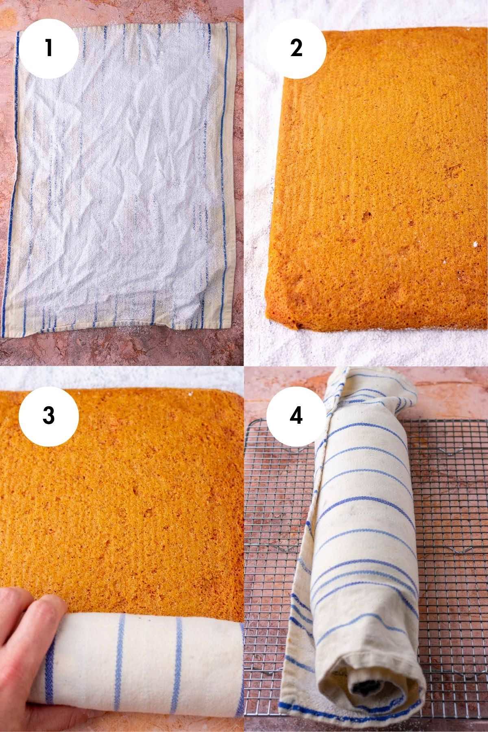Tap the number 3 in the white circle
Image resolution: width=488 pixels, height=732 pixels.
(x=48, y=415)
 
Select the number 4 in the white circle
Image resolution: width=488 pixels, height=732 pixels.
(x=296, y=415)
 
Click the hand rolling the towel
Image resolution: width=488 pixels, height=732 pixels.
(x=24, y=634)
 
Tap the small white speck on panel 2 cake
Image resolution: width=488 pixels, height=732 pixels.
(x=474, y=244)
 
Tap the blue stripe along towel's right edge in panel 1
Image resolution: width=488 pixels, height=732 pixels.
(x=224, y=163)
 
